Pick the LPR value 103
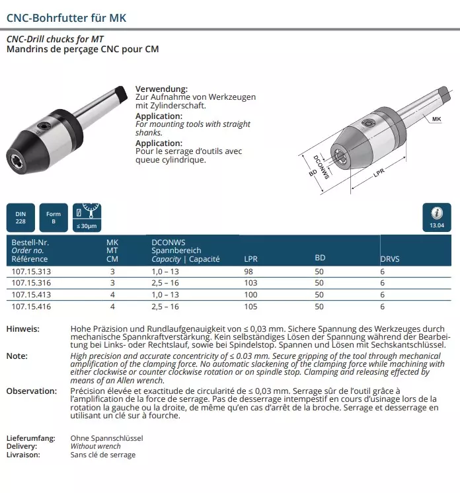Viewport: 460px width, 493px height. pyautogui.click(x=251, y=283)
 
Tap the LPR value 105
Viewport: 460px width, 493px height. pyautogui.click(x=251, y=307)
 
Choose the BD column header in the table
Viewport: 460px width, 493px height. pyautogui.click(x=320, y=258)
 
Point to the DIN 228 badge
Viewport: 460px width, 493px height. pyautogui.click(x=20, y=217)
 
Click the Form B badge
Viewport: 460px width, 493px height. pyautogui.click(x=54, y=217)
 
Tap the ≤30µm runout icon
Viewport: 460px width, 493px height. pyautogui.click(x=87, y=217)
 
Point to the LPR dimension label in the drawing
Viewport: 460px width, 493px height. pyautogui.click(x=379, y=172)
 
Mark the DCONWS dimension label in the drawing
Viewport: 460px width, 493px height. pyautogui.click(x=322, y=165)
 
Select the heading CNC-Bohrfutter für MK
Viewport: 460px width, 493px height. pyautogui.click(x=66, y=18)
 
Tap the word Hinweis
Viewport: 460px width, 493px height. pyautogui.click(x=22, y=329)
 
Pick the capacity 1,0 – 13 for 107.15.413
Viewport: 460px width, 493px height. pyautogui.click(x=165, y=295)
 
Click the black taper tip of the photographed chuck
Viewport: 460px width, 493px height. pyautogui.click(x=121, y=91)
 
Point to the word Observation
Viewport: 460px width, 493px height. pyautogui.click(x=32, y=391)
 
